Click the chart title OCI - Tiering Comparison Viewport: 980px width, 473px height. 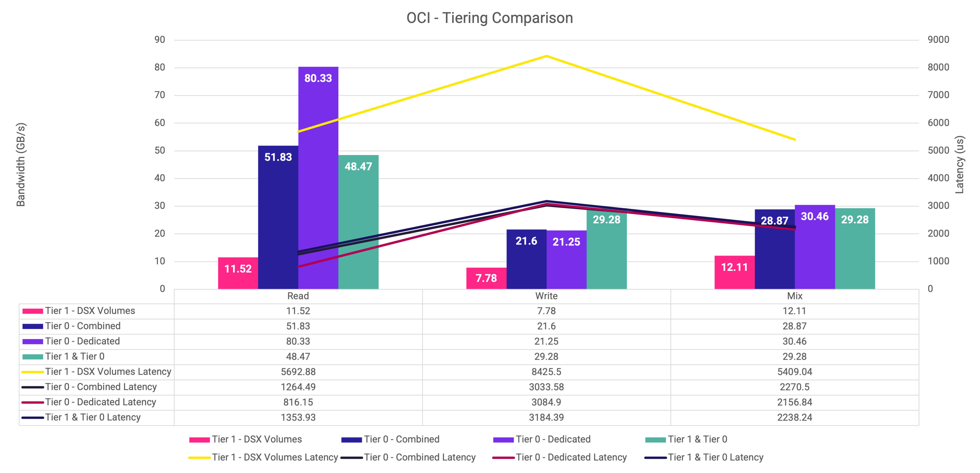490,18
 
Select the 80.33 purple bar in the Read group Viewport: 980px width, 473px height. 318,179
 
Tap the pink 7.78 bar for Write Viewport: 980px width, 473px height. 486,278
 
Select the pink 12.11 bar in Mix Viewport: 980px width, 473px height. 734,272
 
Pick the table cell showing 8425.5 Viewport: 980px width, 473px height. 546,372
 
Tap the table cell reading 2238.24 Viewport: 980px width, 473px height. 794,418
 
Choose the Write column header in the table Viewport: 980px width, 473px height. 546,296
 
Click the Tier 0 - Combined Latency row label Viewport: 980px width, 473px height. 101,387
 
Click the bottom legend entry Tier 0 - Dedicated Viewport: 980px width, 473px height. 553,440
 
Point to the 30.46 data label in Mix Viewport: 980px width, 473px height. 815,216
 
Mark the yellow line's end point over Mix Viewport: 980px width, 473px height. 795,140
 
